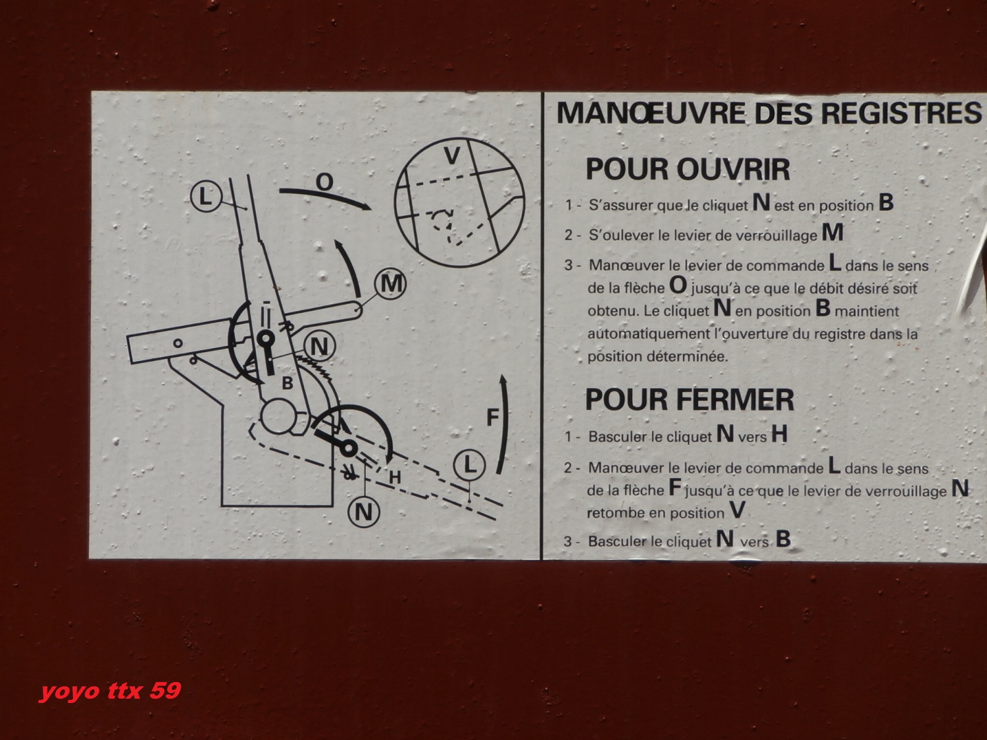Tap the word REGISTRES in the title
pyautogui.click(x=902, y=113)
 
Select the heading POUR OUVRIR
pyautogui.click(x=688, y=170)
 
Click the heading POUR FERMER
pyautogui.click(x=690, y=400)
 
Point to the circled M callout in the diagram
pyautogui.click(x=390, y=284)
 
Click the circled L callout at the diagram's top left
pyautogui.click(x=206, y=196)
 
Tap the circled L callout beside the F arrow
pyautogui.click(x=469, y=464)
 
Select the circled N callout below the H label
pyautogui.click(x=364, y=512)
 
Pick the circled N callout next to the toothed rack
pyautogui.click(x=320, y=347)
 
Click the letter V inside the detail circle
pyautogui.click(x=452, y=155)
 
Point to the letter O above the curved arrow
pyautogui.click(x=324, y=182)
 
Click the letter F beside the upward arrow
pyautogui.click(x=493, y=417)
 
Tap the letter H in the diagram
pyautogui.click(x=395, y=477)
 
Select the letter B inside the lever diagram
pyautogui.click(x=287, y=383)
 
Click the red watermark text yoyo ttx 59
pyautogui.click(x=110, y=691)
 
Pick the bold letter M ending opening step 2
pyautogui.click(x=832, y=232)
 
